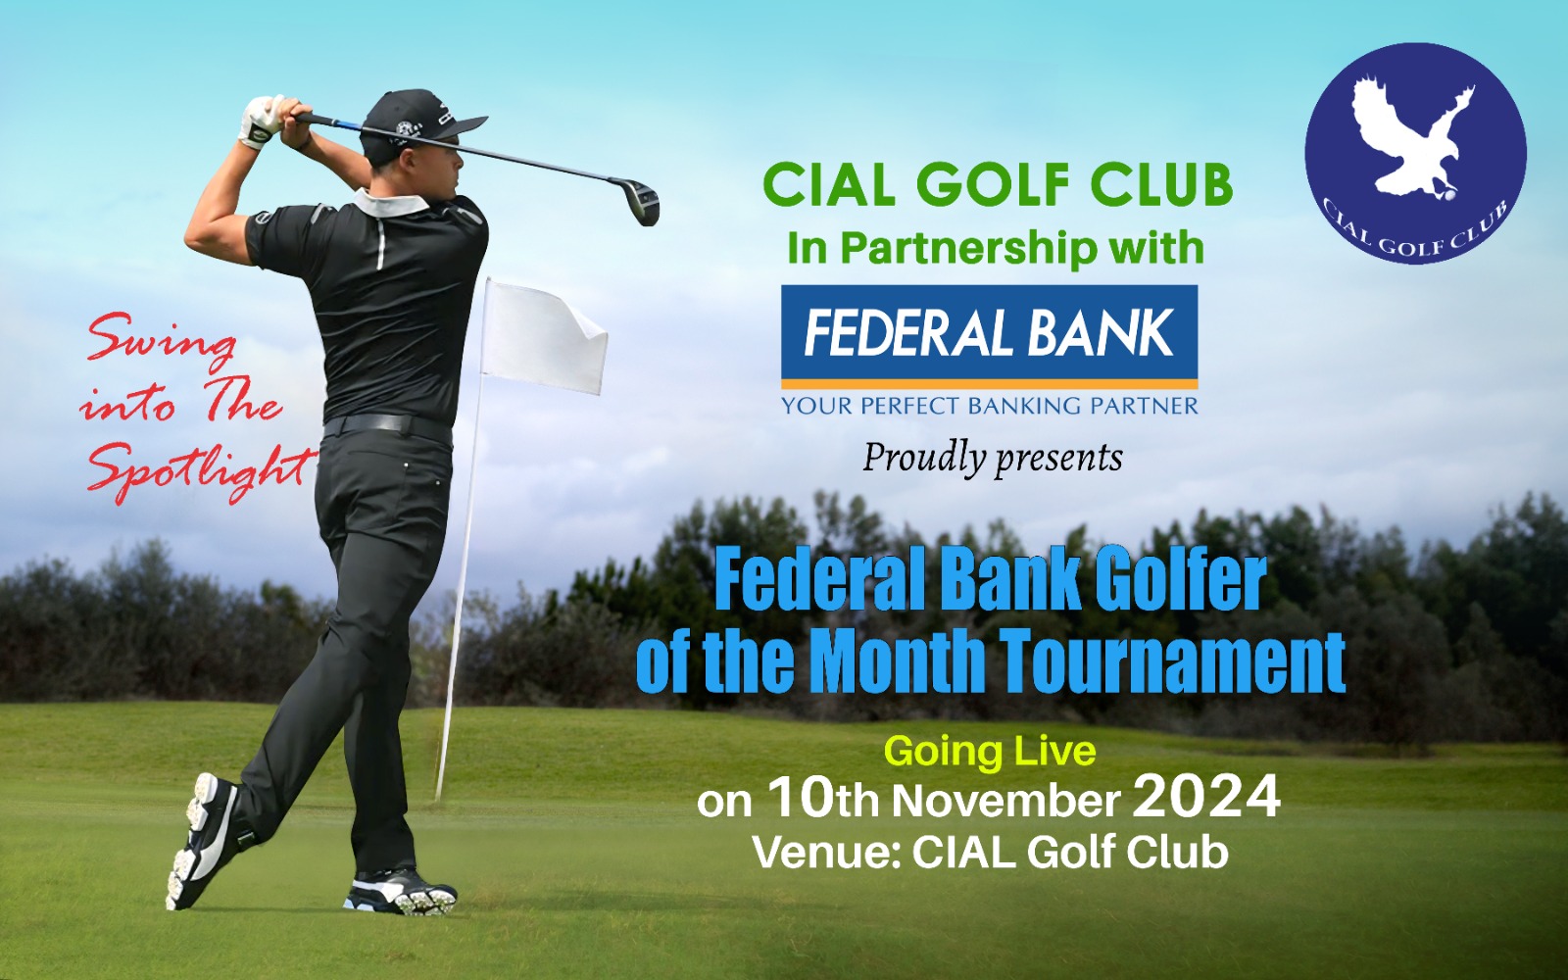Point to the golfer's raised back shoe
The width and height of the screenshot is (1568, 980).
(x=203, y=840)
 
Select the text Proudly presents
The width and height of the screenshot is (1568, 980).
(x=993, y=458)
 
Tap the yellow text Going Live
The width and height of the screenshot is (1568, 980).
(x=990, y=752)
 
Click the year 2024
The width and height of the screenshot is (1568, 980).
(x=1206, y=798)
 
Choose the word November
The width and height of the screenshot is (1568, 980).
(x=1004, y=801)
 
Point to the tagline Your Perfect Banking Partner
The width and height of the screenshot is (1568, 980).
(x=989, y=406)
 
